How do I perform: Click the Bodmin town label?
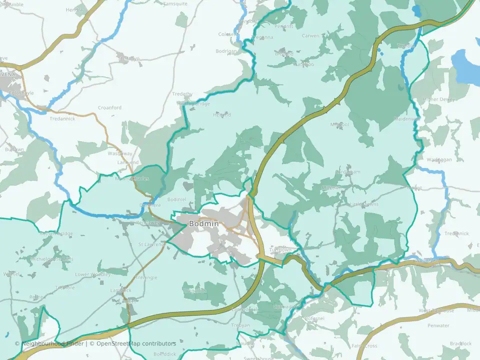tap(203, 224)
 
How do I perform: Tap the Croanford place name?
tap(109, 107)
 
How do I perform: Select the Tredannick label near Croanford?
tap(62, 119)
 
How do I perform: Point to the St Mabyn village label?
tap(128, 58)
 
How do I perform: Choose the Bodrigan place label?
tap(225, 51)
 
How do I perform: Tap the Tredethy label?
tap(182, 94)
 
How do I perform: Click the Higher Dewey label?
tap(439, 99)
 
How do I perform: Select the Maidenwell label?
tap(406, 119)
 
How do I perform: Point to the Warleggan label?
tap(439, 159)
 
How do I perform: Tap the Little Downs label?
tap(364, 204)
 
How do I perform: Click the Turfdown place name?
tap(280, 249)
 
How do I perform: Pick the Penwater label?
tap(438, 325)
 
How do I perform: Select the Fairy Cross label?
tap(364, 346)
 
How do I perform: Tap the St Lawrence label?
tap(152, 244)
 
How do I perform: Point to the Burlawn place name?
tap(14, 149)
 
